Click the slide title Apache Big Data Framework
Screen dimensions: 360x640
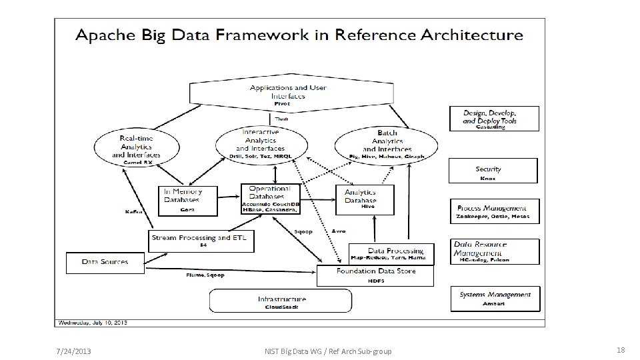click(x=299, y=35)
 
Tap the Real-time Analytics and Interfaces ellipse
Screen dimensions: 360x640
click(x=137, y=147)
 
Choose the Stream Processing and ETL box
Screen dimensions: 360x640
click(x=201, y=241)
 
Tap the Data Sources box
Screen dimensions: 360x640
click(x=105, y=263)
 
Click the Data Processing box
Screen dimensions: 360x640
click(x=391, y=253)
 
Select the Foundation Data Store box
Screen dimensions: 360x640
click(x=375, y=275)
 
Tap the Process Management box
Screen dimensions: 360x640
click(x=493, y=212)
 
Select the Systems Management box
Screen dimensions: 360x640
click(x=495, y=298)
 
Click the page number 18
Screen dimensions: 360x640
click(x=620, y=351)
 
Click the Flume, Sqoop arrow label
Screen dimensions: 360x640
click(x=205, y=275)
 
